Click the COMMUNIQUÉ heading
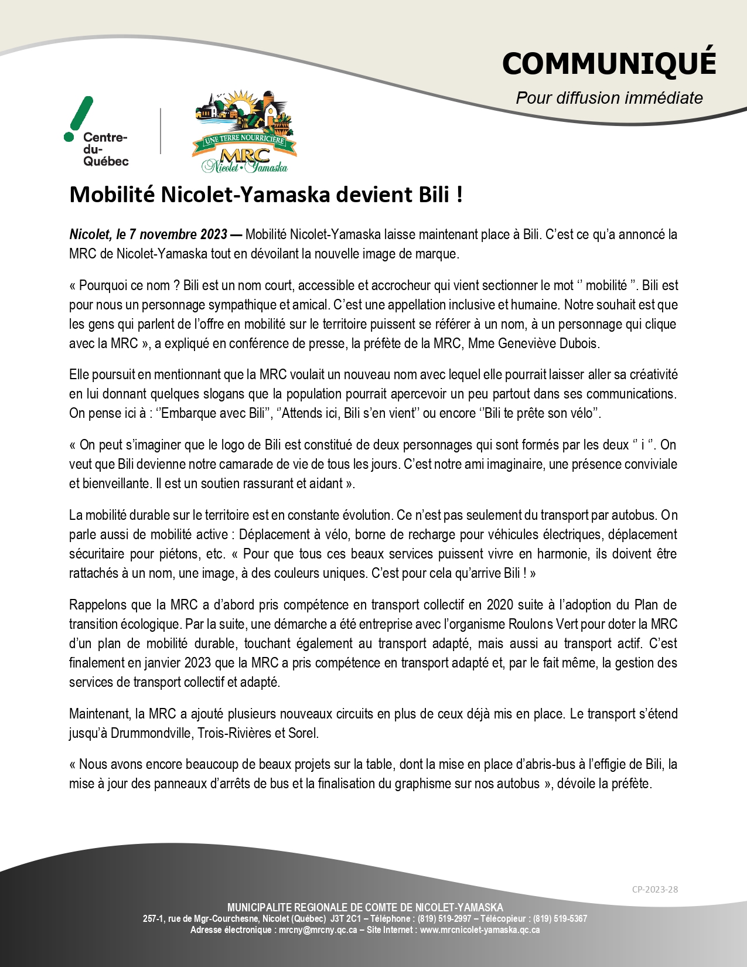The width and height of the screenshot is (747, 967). tap(609, 63)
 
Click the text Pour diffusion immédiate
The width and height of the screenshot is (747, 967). tap(609, 98)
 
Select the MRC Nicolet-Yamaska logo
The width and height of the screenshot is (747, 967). tap(244, 132)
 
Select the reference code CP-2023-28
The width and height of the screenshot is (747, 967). tap(654, 889)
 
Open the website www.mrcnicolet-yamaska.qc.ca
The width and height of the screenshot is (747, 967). tap(480, 930)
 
